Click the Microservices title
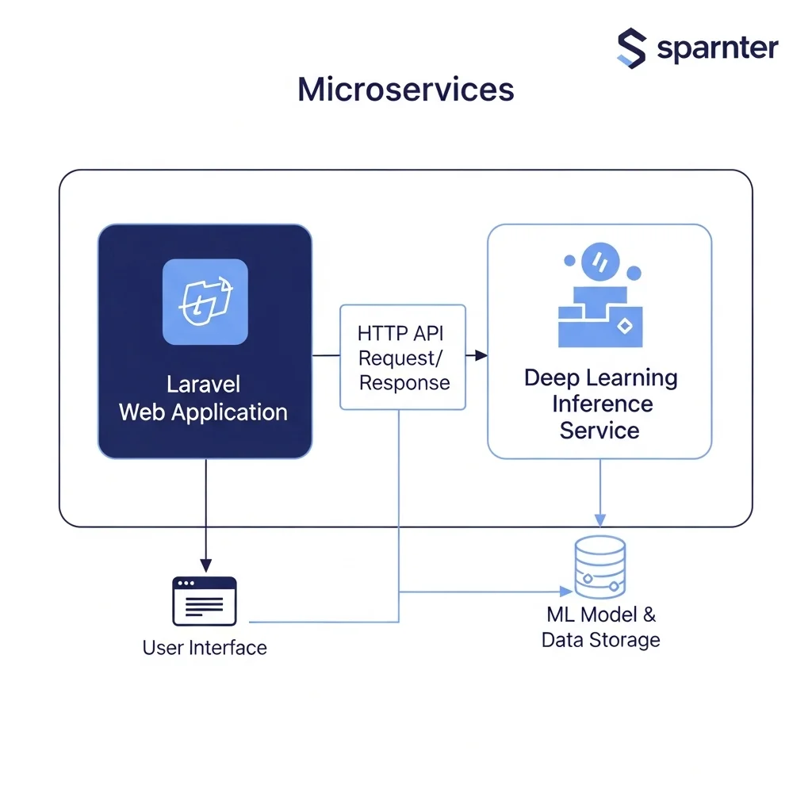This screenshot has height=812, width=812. pyautogui.click(x=405, y=90)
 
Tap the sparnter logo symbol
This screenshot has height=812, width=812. pyautogui.click(x=631, y=48)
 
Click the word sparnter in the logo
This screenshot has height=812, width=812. pyautogui.click(x=718, y=48)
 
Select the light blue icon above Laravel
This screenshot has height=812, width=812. pyautogui.click(x=205, y=302)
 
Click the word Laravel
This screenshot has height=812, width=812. pyautogui.click(x=203, y=385)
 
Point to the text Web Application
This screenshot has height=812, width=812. pyautogui.click(x=203, y=412)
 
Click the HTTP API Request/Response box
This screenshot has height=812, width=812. pyautogui.click(x=402, y=357)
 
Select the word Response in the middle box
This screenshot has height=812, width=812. pyautogui.click(x=404, y=383)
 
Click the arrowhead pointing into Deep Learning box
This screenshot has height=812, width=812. pyautogui.click(x=481, y=356)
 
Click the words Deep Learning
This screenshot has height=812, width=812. pyautogui.click(x=600, y=377)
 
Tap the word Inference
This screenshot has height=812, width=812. pyautogui.click(x=602, y=404)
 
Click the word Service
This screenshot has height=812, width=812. pyautogui.click(x=599, y=431)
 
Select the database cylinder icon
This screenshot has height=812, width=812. pyautogui.click(x=599, y=567)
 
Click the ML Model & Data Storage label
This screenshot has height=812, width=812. pyautogui.click(x=600, y=626)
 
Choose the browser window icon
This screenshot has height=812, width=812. pyautogui.click(x=205, y=601)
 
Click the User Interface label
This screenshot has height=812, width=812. pyautogui.click(x=205, y=648)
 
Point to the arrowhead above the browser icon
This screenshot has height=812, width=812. pyautogui.click(x=205, y=566)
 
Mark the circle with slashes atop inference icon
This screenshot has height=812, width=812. pyautogui.click(x=599, y=262)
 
